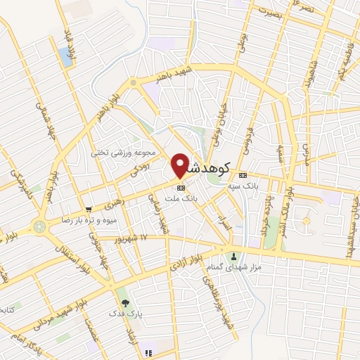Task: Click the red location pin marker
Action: pos(180,165)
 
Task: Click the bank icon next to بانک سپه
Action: pos(243,175)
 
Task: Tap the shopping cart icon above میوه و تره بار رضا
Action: pos(89,210)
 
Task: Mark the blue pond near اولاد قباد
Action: pos(67,57)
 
